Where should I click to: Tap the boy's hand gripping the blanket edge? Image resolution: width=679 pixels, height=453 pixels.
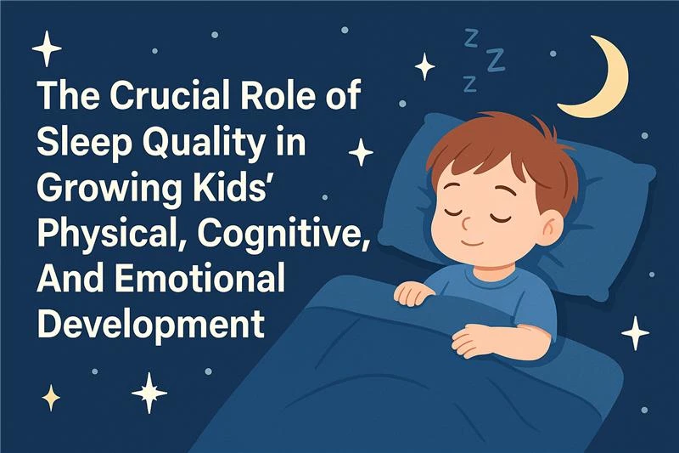point(416,293)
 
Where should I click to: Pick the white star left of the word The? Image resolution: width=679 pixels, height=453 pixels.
point(48,49)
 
